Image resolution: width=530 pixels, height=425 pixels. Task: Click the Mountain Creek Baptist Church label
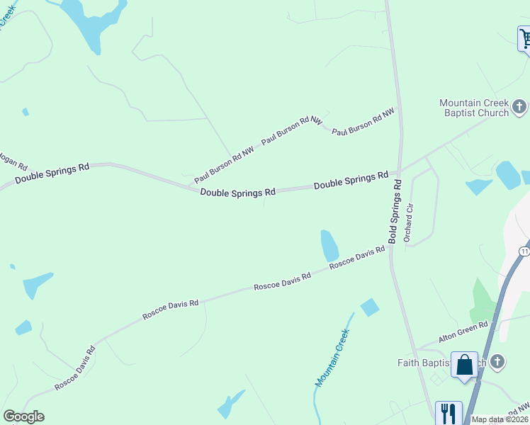click(473, 108)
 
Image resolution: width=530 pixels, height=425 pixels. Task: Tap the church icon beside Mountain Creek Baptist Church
click(519, 108)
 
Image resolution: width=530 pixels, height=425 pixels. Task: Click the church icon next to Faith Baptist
click(497, 362)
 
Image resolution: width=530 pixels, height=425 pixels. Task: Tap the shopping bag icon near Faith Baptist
click(465, 365)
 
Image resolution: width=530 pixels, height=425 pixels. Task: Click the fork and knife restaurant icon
click(448, 412)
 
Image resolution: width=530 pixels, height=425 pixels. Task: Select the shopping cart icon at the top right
click(525, 38)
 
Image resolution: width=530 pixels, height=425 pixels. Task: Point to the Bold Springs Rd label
click(395, 212)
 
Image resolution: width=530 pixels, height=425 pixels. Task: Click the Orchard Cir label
click(408, 222)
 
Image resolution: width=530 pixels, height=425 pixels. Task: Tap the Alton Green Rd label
click(463, 332)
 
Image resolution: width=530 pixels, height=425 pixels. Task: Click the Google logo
click(23, 416)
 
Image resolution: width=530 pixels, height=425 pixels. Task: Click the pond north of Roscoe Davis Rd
click(329, 245)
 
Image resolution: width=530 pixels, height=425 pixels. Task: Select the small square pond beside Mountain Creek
click(369, 307)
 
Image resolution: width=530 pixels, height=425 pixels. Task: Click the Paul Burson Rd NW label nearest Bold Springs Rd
click(363, 122)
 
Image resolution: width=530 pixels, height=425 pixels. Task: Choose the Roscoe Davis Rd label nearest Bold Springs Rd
click(356, 256)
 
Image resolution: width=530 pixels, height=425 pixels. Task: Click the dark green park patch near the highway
click(484, 300)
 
